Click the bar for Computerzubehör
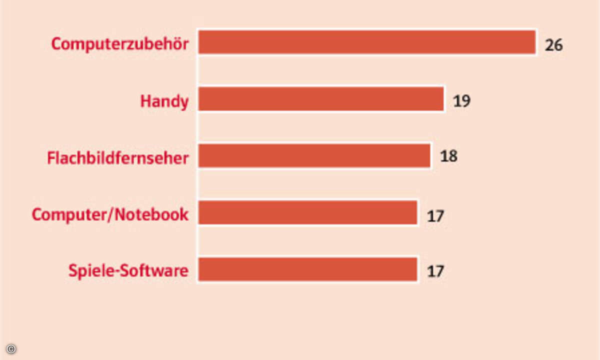(x=367, y=42)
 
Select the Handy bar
(x=321, y=99)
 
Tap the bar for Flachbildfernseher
(x=314, y=156)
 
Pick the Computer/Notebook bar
(x=307, y=213)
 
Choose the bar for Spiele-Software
(x=307, y=269)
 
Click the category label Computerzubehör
(x=120, y=44)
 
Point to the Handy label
(x=164, y=101)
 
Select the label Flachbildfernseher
(x=118, y=158)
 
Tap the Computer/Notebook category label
(x=110, y=214)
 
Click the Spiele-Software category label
(x=128, y=271)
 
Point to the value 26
(x=554, y=45)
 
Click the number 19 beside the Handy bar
(x=462, y=101)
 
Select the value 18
(x=448, y=156)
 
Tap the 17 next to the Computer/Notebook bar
(x=435, y=216)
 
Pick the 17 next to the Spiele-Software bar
(x=435, y=271)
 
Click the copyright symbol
(x=11, y=348)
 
